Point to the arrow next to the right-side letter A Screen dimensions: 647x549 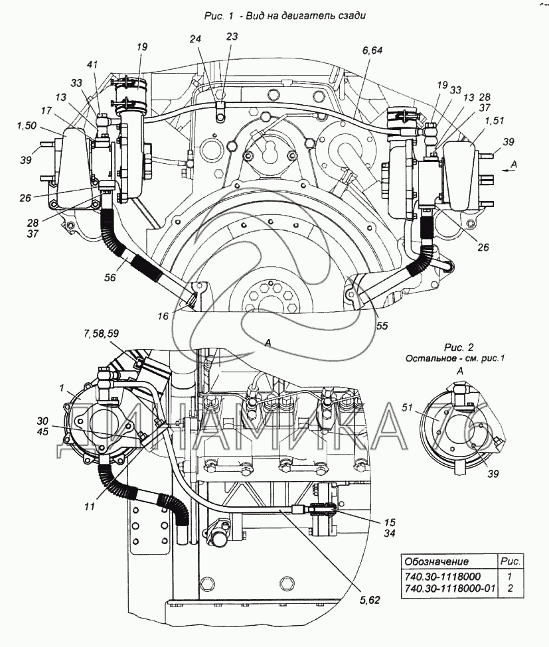[x=509, y=170]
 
